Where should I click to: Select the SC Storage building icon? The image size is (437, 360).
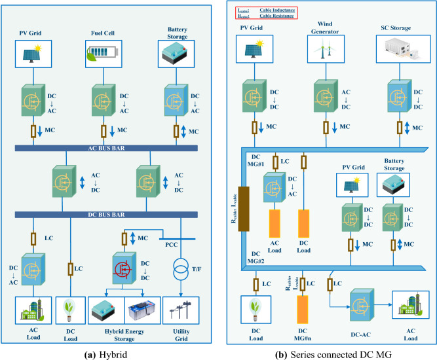pos(398,50)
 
